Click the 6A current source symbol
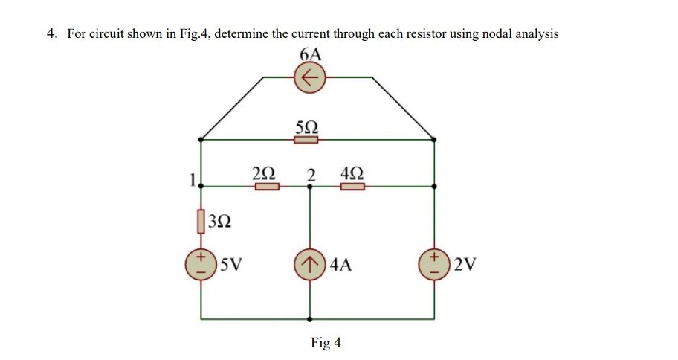click(310, 77)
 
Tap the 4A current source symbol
click(310, 265)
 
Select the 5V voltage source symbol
click(201, 265)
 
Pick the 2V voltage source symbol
click(434, 265)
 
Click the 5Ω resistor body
click(306, 139)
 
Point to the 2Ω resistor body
click(267, 187)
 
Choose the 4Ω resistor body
click(353, 187)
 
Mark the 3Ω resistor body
click(201, 220)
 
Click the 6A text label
click(310, 54)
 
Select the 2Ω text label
click(263, 174)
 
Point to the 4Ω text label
click(352, 174)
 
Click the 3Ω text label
click(220, 221)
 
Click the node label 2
click(311, 175)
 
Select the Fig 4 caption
click(326, 342)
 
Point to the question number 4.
click(51, 33)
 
